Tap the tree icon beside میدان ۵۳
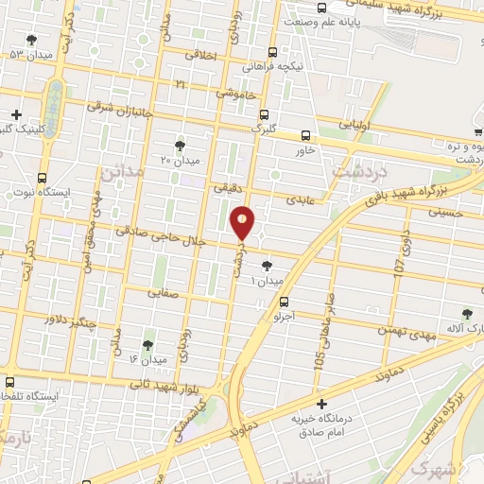pyautogui.click(x=31, y=40)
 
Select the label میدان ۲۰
pyautogui.click(x=180, y=160)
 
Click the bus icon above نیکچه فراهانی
pyautogui.click(x=272, y=53)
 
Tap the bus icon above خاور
pyautogui.click(x=304, y=135)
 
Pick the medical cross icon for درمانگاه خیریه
pyautogui.click(x=321, y=404)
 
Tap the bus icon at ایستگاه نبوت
pyautogui.click(x=42, y=177)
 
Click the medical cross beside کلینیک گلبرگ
pyautogui.click(x=15, y=114)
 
